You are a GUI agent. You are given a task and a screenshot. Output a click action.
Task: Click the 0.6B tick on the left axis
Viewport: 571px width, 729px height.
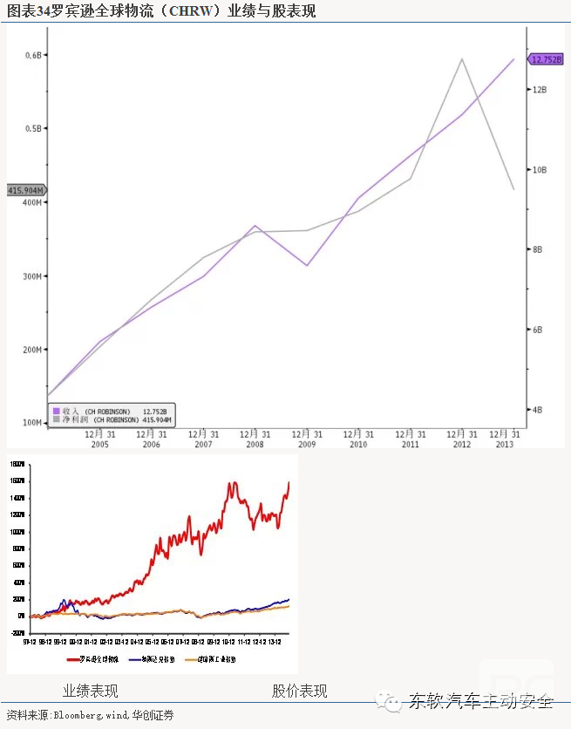[32, 55]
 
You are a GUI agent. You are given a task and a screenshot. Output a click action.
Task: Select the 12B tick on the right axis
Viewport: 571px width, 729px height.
[539, 90]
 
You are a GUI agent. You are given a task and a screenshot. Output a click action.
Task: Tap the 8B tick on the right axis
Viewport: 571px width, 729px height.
[537, 249]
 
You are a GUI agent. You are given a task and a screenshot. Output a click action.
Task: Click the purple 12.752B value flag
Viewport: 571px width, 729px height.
[547, 59]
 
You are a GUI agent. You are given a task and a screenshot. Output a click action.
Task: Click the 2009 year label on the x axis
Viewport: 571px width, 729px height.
[306, 445]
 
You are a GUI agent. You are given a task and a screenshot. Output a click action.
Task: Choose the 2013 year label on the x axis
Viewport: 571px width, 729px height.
[504, 445]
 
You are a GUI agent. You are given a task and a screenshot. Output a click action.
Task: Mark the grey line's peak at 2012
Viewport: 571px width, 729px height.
[462, 59]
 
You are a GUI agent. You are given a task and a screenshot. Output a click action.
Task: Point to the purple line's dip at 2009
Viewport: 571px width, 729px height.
[307, 265]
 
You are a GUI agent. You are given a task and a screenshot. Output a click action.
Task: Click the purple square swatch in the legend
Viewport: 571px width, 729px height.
[56, 410]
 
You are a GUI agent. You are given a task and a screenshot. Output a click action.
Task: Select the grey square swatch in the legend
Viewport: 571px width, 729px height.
[56, 419]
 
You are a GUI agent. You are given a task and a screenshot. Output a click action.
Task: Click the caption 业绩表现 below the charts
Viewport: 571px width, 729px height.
[90, 691]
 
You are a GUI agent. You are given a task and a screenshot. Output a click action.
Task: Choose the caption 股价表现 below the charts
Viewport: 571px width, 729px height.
[299, 691]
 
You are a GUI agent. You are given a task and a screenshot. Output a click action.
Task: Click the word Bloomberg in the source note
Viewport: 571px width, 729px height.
[78, 715]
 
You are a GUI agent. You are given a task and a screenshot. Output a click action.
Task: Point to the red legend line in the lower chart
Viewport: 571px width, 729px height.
[74, 659]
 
